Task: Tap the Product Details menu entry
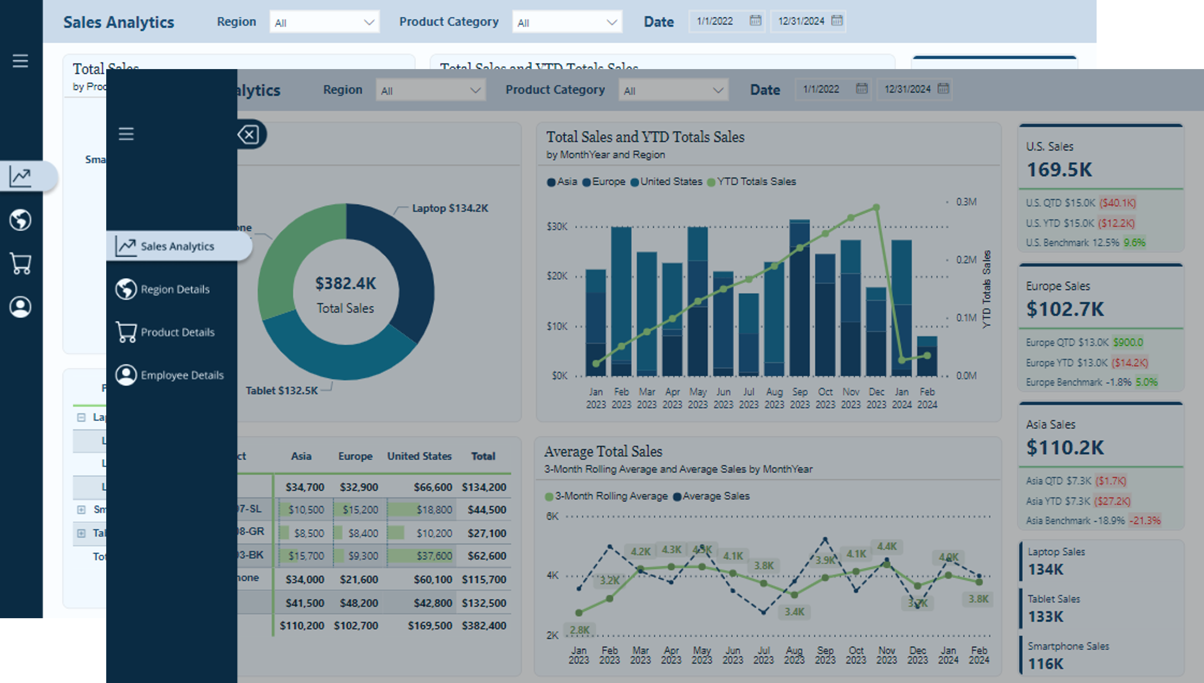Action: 177,332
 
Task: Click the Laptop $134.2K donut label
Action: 449,208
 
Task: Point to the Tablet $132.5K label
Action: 282,391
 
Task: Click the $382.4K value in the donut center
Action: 346,283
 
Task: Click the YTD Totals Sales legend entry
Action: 756,181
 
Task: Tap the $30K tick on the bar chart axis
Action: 557,227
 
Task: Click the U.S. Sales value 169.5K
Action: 1060,170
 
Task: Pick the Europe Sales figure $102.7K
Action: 1065,309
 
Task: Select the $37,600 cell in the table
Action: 434,556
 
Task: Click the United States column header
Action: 419,456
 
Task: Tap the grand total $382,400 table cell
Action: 483,626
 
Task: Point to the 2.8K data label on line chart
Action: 579,630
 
